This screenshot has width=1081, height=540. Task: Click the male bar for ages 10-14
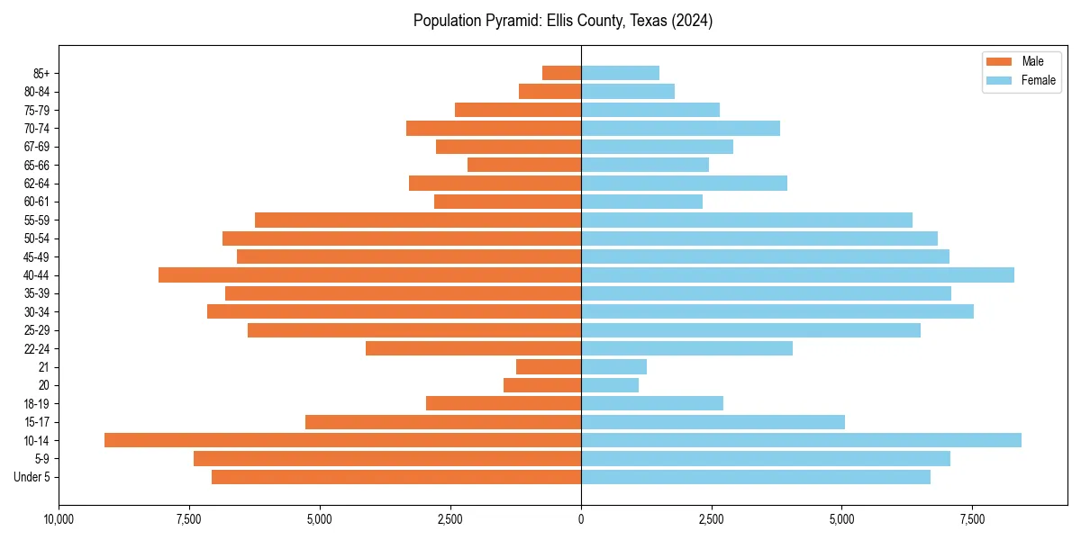pyautogui.click(x=342, y=440)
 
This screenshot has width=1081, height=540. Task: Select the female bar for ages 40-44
pyautogui.click(x=797, y=275)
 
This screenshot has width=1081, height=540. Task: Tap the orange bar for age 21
pyautogui.click(x=549, y=367)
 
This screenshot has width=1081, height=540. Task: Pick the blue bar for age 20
pyautogui.click(x=610, y=385)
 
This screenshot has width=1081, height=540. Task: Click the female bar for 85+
pyautogui.click(x=620, y=73)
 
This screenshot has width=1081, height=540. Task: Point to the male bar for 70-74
pyautogui.click(x=494, y=129)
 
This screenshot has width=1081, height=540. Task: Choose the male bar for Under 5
pyautogui.click(x=396, y=477)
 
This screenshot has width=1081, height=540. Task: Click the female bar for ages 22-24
pyautogui.click(x=686, y=348)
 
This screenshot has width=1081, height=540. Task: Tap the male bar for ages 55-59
pyautogui.click(x=418, y=220)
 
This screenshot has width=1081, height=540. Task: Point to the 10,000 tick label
pyautogui.click(x=59, y=520)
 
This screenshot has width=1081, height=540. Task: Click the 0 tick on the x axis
pyautogui.click(x=581, y=520)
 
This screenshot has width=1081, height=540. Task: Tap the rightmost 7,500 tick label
pyautogui.click(x=972, y=520)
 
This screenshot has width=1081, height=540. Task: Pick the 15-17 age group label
pyautogui.click(x=36, y=422)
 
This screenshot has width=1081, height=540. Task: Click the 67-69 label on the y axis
pyautogui.click(x=36, y=147)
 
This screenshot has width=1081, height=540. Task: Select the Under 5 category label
pyautogui.click(x=32, y=477)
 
